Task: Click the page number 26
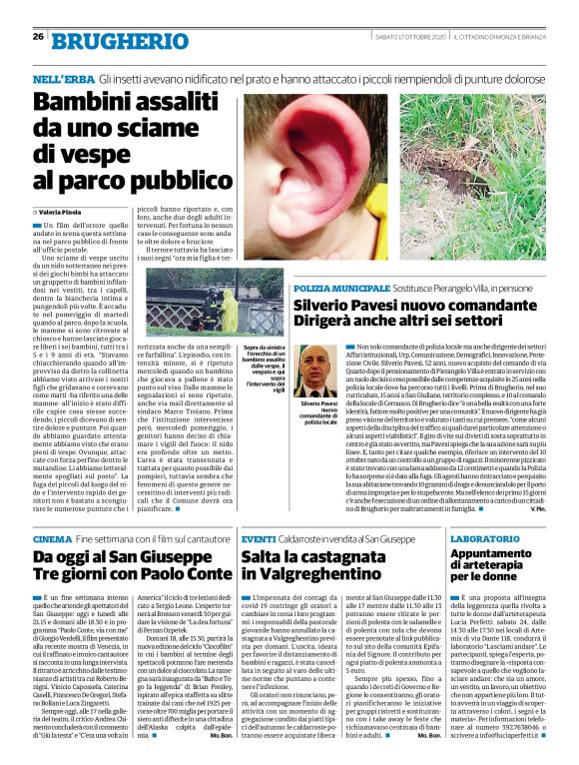point(37,37)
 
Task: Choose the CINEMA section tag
point(51,537)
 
